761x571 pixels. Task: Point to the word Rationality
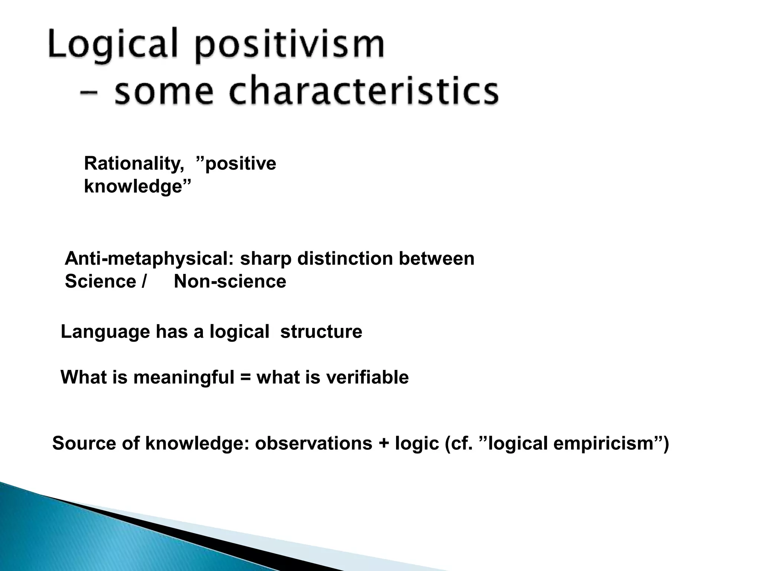tap(134, 164)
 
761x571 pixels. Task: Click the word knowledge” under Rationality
tap(137, 186)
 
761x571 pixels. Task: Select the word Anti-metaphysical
tap(149, 258)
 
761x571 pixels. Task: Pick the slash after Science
tap(143, 281)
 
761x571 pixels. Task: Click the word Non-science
tap(230, 281)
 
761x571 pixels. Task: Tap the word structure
tap(321, 332)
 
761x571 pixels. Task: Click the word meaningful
tap(184, 377)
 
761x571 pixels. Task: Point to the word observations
tap(313, 443)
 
